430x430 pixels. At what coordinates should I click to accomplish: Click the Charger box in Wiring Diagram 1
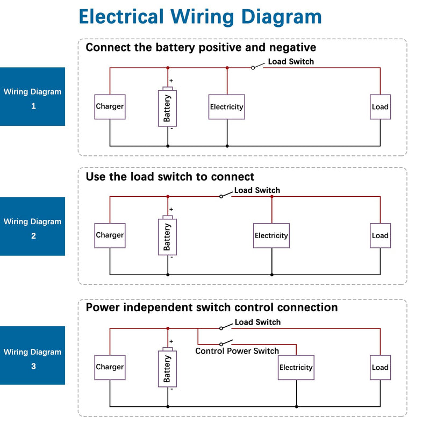110,107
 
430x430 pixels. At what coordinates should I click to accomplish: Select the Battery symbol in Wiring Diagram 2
167,235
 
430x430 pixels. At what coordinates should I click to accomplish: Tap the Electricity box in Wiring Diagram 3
296,368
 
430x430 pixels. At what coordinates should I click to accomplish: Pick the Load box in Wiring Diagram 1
380,107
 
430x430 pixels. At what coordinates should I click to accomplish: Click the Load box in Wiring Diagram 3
380,368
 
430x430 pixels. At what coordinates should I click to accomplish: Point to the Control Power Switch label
237,351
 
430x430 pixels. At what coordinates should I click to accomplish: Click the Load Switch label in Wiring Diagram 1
291,61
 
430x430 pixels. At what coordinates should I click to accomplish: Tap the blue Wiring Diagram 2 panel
32,226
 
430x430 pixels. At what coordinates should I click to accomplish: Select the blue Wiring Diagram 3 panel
32,355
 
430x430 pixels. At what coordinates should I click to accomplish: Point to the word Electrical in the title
121,17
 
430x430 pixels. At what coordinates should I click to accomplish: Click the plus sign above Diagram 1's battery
171,81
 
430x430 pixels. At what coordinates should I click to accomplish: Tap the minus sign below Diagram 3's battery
171,389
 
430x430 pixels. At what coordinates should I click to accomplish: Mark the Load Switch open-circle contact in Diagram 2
221,197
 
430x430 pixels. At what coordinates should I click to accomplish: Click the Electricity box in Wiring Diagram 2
271,235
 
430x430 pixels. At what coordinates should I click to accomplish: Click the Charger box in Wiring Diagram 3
110,368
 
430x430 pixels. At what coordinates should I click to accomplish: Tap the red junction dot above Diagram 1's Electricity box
227,68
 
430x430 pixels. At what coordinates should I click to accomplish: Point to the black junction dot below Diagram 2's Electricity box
272,275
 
